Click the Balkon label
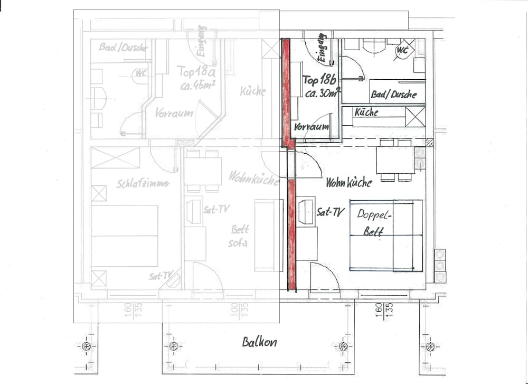pyautogui.click(x=259, y=342)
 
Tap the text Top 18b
pyautogui.click(x=318, y=80)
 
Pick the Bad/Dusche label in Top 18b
pyautogui.click(x=393, y=95)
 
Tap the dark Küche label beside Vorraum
pyautogui.click(x=366, y=113)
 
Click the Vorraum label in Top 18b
pyautogui.click(x=312, y=127)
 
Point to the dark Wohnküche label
pyautogui.click(x=348, y=183)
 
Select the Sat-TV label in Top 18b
pyautogui.click(x=331, y=212)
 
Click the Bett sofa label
pyautogui.click(x=239, y=237)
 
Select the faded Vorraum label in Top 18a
pyautogui.click(x=174, y=113)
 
